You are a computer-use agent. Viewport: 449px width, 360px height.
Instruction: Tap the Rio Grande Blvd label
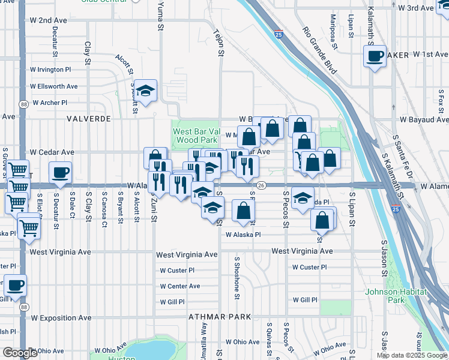pyautogui.click(x=319, y=51)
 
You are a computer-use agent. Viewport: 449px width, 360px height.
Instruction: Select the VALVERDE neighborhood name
pyautogui.click(x=89, y=119)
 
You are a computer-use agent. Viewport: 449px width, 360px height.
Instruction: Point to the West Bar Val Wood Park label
pyautogui.click(x=194, y=136)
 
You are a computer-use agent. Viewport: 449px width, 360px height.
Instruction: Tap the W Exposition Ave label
pyautogui.click(x=61, y=317)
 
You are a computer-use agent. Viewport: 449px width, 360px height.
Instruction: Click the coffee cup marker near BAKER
pyautogui.click(x=375, y=57)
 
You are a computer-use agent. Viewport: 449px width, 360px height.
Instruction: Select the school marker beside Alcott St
pyautogui.click(x=145, y=91)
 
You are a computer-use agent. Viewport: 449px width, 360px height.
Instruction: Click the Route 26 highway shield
pyautogui.click(x=261, y=185)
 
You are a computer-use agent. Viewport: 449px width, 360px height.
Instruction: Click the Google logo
pyautogui.click(x=20, y=353)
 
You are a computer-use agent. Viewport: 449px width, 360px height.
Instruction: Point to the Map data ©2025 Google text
pyautogui.click(x=411, y=355)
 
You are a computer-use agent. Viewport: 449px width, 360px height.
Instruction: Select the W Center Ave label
pyautogui.click(x=180, y=286)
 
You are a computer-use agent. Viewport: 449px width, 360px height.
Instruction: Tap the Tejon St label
pyautogui.click(x=220, y=45)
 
